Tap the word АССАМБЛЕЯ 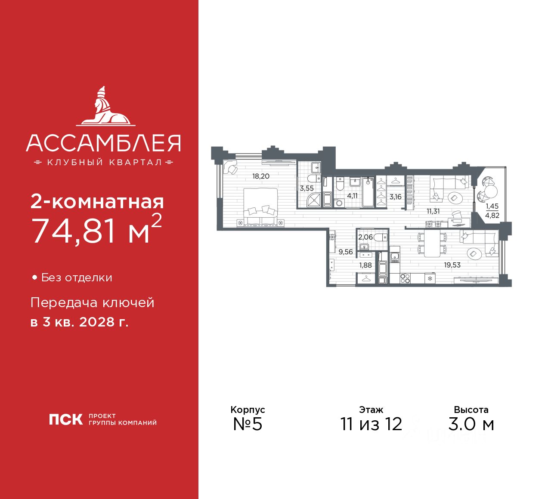[x=103, y=143]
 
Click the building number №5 [x=248, y=424]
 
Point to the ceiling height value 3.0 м [x=471, y=424]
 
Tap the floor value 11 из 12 [x=371, y=424]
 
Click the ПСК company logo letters [x=65, y=419]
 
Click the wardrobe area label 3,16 [x=395, y=197]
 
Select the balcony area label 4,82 [x=492, y=216]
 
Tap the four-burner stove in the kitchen [x=405, y=278]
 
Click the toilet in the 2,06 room [x=380, y=237]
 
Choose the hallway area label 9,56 [x=346, y=252]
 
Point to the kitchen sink [x=395, y=257]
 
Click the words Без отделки [x=77, y=278]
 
